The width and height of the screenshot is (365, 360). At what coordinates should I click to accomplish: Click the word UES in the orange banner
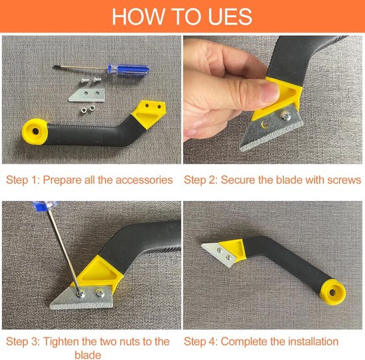pyautogui.click(x=230, y=17)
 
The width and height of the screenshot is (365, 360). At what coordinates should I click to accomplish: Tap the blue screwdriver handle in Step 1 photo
pyautogui.click(x=128, y=70)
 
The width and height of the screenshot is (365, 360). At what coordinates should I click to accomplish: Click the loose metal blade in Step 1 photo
pyautogui.click(x=87, y=95)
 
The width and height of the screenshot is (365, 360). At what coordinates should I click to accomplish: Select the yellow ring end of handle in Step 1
pyautogui.click(x=35, y=132)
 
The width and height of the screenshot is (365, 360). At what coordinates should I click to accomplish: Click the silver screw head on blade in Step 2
pyautogui.click(x=285, y=115)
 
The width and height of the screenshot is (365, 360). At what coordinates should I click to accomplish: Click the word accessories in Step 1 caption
pyautogui.click(x=144, y=180)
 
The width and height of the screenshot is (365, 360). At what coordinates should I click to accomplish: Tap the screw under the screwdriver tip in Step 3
pyautogui.click(x=80, y=294)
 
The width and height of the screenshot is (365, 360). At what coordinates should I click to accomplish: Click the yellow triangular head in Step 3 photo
pyautogui.click(x=99, y=272)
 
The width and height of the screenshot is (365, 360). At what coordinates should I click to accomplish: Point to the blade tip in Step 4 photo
pyautogui.click(x=202, y=245)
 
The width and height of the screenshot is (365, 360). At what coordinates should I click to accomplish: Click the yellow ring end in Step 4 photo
pyautogui.click(x=333, y=292)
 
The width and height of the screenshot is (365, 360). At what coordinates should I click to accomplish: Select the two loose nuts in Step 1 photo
pyautogui.click(x=88, y=109)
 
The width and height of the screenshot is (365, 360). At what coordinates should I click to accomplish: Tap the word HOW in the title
pyautogui.click(x=138, y=17)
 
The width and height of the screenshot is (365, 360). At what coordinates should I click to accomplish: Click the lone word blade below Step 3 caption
pyautogui.click(x=88, y=355)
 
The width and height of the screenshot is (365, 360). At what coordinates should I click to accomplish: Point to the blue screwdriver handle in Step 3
pyautogui.click(x=45, y=206)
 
